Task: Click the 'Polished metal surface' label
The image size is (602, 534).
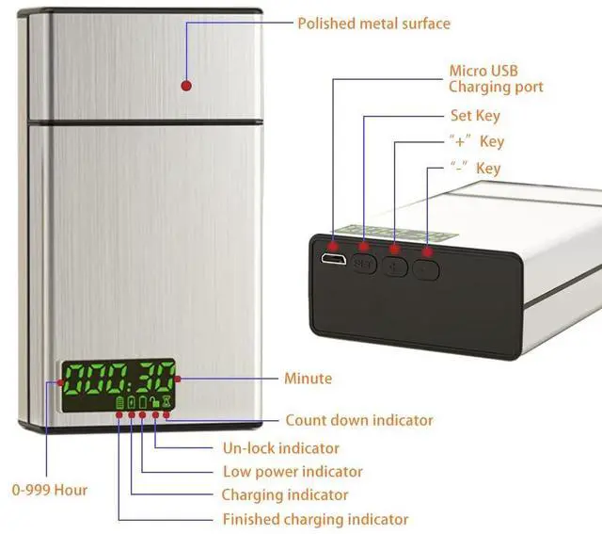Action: [373, 23]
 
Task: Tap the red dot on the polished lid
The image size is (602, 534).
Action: [186, 86]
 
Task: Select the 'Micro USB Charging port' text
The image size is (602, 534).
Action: [496, 79]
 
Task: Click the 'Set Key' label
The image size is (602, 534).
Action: [475, 116]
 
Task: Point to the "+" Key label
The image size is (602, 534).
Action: [476, 142]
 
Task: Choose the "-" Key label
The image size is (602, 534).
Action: [476, 169]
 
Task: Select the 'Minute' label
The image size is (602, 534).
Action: [308, 379]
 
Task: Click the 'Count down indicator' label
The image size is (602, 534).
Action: [359, 420]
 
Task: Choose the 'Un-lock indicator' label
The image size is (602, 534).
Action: [280, 448]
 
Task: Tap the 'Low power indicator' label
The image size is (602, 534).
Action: [293, 472]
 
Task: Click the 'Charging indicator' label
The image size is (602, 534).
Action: [285, 495]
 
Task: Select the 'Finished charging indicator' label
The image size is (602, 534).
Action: [315, 519]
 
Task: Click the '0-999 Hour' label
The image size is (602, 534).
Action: [49, 490]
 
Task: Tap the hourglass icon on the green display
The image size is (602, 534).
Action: [166, 401]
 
